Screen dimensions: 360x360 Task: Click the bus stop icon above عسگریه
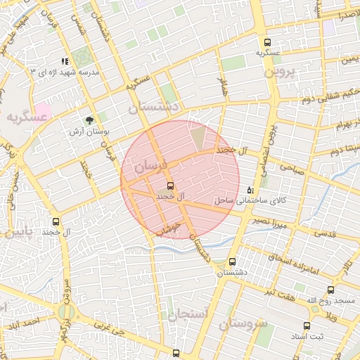[x=266, y=42]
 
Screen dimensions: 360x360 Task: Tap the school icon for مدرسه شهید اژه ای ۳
[x=65, y=62]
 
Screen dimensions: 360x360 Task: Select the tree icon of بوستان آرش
[x=89, y=120]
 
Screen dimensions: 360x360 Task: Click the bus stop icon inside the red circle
[x=169, y=186]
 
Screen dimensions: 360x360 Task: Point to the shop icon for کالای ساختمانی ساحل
[x=251, y=191]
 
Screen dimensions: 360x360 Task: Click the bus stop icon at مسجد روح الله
[x=330, y=290]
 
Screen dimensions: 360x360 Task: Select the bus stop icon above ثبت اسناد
[x=306, y=326]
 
